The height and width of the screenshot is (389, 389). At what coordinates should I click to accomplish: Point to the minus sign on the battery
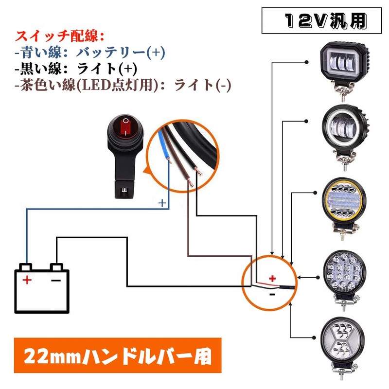(56, 280)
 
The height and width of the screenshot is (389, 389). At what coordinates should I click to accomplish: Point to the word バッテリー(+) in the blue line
(129, 52)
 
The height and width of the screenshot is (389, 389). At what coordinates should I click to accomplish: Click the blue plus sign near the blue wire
(163, 201)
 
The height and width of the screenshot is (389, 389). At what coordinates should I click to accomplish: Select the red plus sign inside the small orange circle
(272, 278)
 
